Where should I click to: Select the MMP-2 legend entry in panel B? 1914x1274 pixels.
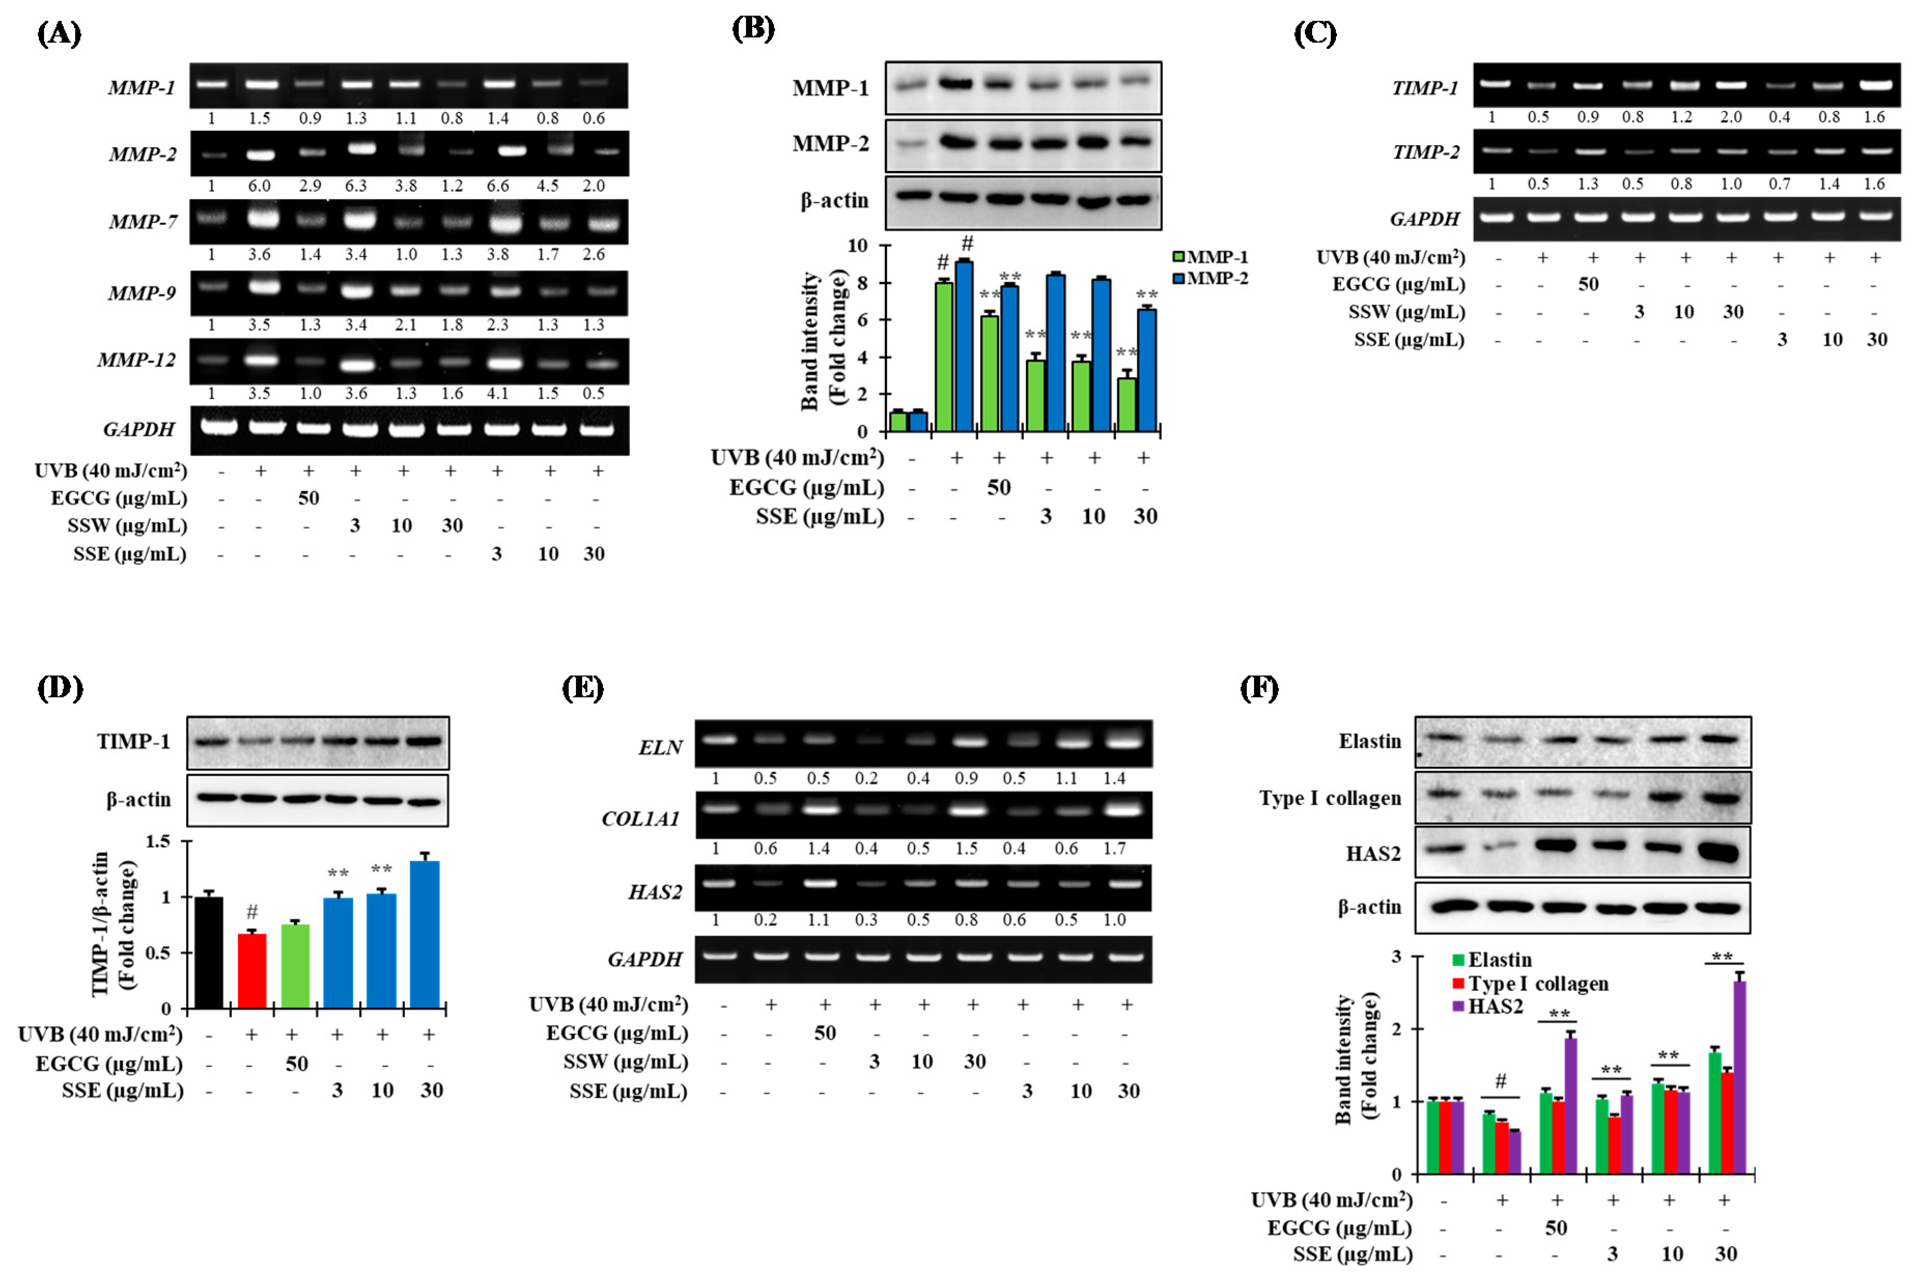(x=1211, y=278)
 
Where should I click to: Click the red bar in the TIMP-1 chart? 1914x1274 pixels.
(x=252, y=971)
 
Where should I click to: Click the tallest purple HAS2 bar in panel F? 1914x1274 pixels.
(x=1739, y=1076)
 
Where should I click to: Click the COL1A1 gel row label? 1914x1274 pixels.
(x=640, y=818)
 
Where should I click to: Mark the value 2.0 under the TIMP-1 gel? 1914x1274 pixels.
(x=1730, y=117)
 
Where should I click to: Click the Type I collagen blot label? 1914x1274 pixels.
(x=1330, y=798)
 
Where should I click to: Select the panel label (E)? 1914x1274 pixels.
(x=583, y=689)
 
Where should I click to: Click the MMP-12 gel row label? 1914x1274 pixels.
(x=136, y=360)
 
